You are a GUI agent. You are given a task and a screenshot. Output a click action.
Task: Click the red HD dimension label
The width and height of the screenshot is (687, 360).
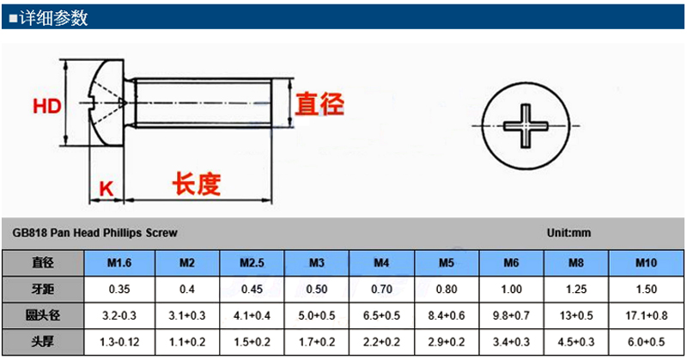[47, 107]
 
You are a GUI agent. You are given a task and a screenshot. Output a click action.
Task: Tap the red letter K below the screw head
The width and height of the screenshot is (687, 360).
[106, 189]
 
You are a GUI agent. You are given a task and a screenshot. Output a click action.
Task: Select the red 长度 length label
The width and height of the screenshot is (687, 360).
[197, 184]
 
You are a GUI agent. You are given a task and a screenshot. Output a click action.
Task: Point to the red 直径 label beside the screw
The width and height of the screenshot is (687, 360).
[319, 104]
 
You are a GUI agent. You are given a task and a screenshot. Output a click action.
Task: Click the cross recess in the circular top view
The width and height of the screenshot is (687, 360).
[526, 125]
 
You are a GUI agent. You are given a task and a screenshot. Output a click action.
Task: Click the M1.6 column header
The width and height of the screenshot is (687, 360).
[119, 263]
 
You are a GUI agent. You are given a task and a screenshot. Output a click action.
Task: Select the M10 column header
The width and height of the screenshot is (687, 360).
[647, 263]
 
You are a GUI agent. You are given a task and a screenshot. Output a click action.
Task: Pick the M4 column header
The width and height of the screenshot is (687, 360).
[381, 263]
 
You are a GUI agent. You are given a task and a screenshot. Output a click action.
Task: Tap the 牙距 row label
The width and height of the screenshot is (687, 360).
[42, 289]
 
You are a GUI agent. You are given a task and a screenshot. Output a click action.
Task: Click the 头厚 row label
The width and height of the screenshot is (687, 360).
[42, 342]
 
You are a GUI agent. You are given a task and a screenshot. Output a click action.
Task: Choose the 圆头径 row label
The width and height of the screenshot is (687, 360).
[42, 315]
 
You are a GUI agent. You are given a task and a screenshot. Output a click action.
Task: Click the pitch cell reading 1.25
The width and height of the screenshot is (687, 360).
[576, 290]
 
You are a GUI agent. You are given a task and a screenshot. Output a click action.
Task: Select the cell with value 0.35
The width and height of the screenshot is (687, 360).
[119, 290]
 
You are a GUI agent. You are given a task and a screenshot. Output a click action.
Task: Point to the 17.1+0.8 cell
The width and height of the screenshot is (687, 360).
[647, 315]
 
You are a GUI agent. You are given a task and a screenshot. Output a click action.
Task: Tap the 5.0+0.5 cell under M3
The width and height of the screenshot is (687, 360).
[317, 315]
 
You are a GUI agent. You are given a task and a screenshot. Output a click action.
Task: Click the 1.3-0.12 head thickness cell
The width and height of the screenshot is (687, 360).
[119, 342]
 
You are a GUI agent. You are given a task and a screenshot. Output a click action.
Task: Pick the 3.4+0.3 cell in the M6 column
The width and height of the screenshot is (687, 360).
[511, 342]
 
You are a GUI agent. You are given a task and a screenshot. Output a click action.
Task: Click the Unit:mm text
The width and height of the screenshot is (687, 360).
[568, 233]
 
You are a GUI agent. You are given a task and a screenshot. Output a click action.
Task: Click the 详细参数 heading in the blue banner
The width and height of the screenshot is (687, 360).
[53, 18]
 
